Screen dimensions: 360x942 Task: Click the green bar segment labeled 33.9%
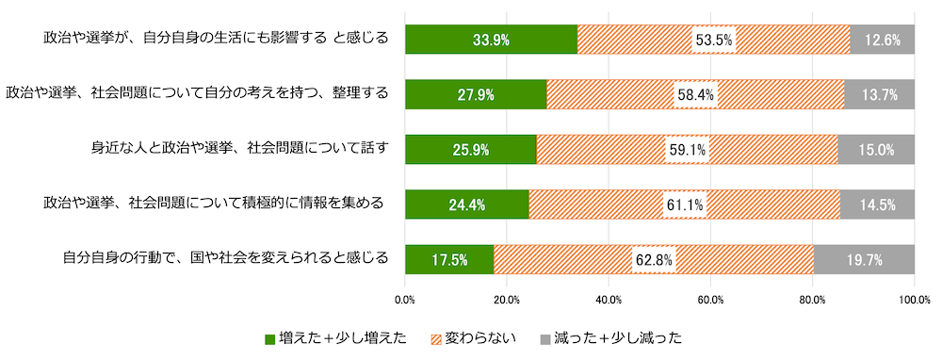point(491,40)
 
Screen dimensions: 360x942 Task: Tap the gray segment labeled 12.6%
point(882,40)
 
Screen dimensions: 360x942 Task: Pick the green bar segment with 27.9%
point(476,94)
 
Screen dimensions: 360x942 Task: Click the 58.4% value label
point(695,94)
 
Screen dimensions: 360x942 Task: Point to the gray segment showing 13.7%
point(879,94)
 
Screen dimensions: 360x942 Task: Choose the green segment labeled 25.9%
point(470,149)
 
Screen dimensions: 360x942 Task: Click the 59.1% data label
point(686,149)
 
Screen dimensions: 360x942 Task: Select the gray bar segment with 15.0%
point(876,149)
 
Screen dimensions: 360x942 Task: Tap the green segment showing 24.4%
point(466,205)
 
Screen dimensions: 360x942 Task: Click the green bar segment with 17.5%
point(448,259)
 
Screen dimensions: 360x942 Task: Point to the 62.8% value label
point(653,259)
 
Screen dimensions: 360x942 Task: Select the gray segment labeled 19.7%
point(864,259)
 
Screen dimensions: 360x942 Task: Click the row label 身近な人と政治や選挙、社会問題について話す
point(238,148)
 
